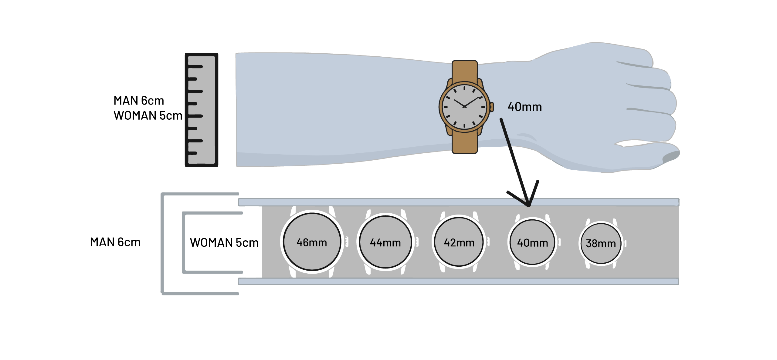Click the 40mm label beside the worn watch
coord(524,107)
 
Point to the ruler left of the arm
coord(202,110)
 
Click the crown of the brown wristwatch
coord(492,106)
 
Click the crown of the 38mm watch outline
coord(625,244)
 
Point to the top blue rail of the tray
coord(458,202)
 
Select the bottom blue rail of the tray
coord(458,282)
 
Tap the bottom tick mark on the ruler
coord(193,153)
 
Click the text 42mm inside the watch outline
coord(459,243)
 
